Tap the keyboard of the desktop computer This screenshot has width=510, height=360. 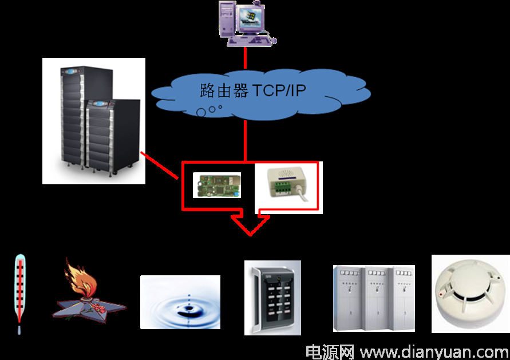click(x=249, y=41)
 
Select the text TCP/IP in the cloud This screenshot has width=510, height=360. click(x=279, y=90)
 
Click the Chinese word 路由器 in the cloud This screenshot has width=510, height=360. click(x=224, y=90)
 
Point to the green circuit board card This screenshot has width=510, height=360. click(x=217, y=185)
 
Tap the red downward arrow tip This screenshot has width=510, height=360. click(x=250, y=235)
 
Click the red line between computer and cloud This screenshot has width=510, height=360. click(x=245, y=58)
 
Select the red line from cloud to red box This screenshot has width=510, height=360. click(x=245, y=141)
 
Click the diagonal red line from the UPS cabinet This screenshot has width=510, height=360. click(x=159, y=165)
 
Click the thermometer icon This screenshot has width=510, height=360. click(x=19, y=294)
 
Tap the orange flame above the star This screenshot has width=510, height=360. click(x=80, y=278)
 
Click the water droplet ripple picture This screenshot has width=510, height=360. click(x=180, y=302)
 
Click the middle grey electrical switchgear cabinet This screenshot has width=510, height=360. click(x=378, y=299)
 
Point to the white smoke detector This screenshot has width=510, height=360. click(x=470, y=294)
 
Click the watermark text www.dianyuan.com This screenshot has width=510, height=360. click(x=434, y=352)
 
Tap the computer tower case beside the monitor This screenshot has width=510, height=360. click(x=227, y=19)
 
